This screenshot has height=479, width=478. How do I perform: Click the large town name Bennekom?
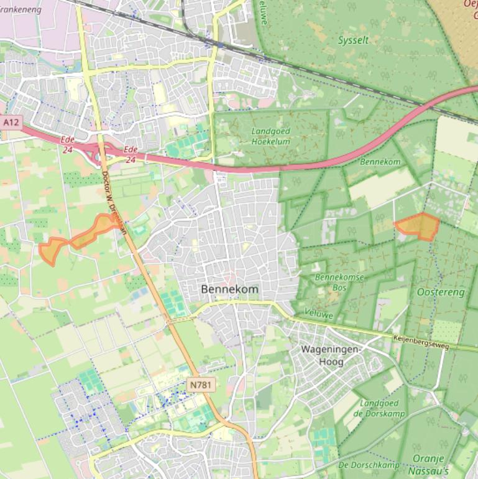229,289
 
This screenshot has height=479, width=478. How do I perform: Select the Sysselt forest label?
352,40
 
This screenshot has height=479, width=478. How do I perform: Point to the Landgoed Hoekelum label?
271,136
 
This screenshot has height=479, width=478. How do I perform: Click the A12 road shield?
10,123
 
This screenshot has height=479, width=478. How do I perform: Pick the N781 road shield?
201,385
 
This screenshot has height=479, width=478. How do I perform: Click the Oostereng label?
440,291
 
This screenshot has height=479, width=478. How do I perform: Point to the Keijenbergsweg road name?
421,342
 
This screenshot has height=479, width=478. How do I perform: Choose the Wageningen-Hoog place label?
330,355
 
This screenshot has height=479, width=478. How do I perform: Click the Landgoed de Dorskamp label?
379,408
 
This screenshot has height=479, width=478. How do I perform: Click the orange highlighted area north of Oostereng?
419,226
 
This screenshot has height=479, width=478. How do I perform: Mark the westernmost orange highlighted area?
50,250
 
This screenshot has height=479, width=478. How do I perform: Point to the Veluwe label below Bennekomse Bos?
316,313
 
